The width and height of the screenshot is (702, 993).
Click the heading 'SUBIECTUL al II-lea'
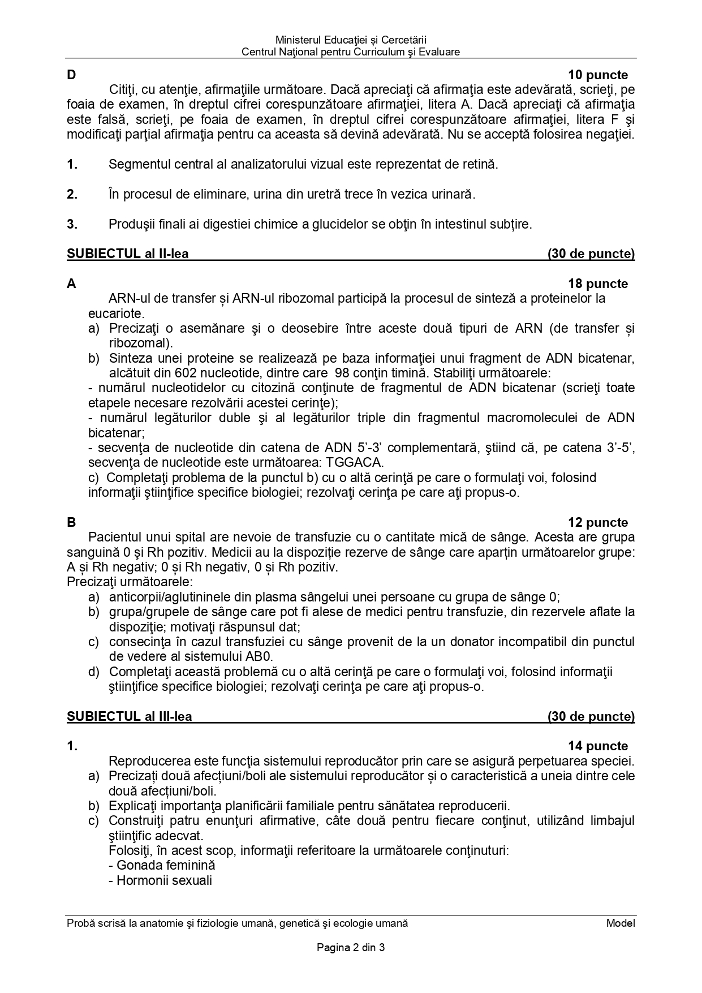[x=128, y=254]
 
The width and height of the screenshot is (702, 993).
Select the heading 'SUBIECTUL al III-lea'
[x=130, y=717]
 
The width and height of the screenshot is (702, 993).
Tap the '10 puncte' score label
[x=598, y=75]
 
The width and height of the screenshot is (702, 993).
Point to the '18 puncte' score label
[x=598, y=284]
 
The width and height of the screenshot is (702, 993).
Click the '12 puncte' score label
[x=598, y=523]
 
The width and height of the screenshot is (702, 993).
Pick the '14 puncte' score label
[x=598, y=746]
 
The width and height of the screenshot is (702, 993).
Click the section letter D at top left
[x=71, y=75]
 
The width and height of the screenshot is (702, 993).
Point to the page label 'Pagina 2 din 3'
[x=351, y=948]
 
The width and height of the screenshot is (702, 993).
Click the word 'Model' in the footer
[x=621, y=923]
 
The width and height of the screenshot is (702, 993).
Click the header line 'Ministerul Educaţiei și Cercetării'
[x=351, y=40]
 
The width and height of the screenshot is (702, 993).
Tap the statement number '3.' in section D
[x=72, y=225]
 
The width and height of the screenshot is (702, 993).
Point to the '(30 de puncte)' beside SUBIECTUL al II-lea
[x=591, y=254]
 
